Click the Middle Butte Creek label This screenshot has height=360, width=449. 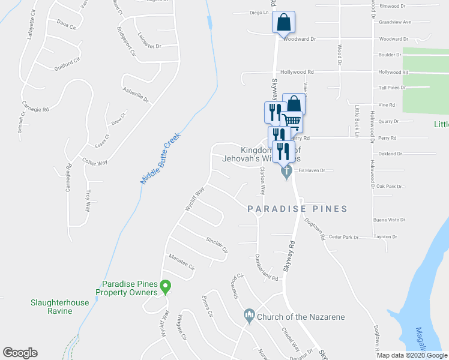[160, 158]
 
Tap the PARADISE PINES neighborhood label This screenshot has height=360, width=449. [298, 209]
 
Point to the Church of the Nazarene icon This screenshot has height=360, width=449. [249, 315]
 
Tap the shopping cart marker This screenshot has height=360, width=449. [292, 121]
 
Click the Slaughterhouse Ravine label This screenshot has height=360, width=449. [59, 307]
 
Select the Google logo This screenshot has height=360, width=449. [20, 353]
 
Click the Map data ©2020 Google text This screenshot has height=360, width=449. [411, 355]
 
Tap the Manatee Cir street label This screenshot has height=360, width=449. [182, 263]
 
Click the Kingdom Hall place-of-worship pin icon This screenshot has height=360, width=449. [286, 172]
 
